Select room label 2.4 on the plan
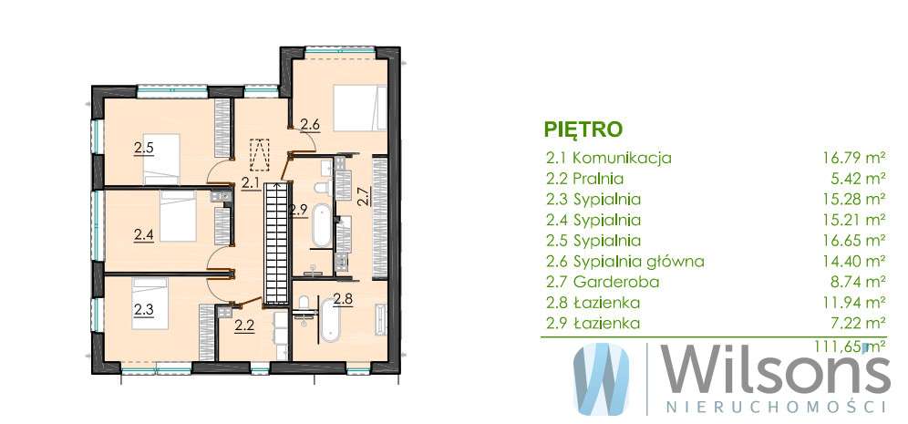(x=143, y=234)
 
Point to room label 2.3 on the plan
(x=143, y=309)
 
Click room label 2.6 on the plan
(x=309, y=125)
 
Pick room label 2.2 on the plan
(x=243, y=324)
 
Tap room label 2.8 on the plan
(x=343, y=298)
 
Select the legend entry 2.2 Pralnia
(x=583, y=178)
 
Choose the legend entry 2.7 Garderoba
(x=594, y=282)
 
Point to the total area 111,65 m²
(x=854, y=346)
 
